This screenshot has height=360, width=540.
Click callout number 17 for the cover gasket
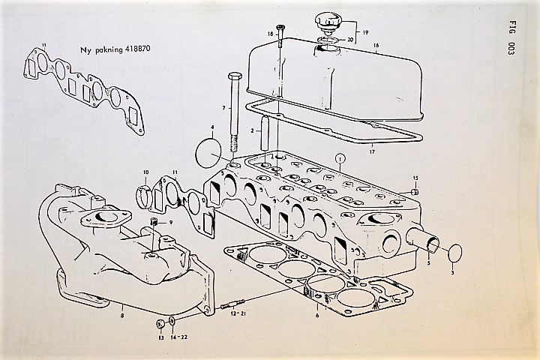click(x=373, y=154)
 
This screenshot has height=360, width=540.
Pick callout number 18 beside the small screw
click(x=271, y=34)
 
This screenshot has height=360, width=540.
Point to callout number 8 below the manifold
click(x=121, y=307)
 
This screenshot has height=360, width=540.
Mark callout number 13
click(x=160, y=337)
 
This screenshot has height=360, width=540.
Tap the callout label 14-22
click(x=178, y=337)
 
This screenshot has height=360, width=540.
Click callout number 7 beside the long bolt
click(x=223, y=109)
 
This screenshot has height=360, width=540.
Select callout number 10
click(x=146, y=173)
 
